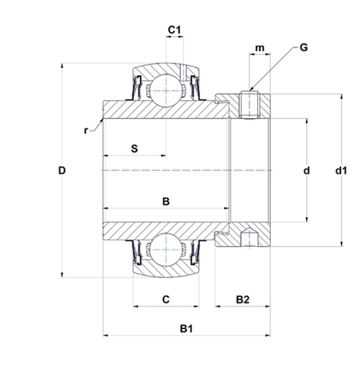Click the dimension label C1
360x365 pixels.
pyautogui.click(x=175, y=30)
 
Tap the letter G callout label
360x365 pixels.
pyautogui.click(x=304, y=48)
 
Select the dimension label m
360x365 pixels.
pyautogui.click(x=260, y=48)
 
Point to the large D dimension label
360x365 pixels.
pyautogui.click(x=62, y=170)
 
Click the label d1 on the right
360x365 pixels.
pyautogui.click(x=341, y=170)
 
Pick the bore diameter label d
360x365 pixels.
pyautogui.click(x=307, y=170)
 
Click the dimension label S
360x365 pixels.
pyautogui.click(x=134, y=149)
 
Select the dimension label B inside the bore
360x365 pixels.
pyautogui.click(x=166, y=202)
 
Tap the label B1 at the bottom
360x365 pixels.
pyautogui.click(x=186, y=328)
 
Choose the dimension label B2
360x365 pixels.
pyautogui.click(x=243, y=299)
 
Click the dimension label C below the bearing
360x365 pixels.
pyautogui.click(x=166, y=299)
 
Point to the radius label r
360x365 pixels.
pyautogui.click(x=86, y=131)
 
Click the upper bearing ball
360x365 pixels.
pyautogui.click(x=166, y=91)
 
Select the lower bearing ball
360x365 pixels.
pyautogui.click(x=166, y=249)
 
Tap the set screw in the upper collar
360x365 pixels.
pyautogui.click(x=250, y=104)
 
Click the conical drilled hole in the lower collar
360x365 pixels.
pyautogui.click(x=250, y=237)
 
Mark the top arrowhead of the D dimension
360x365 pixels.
pyautogui.click(x=62, y=65)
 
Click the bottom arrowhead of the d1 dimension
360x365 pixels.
pyautogui.click(x=341, y=244)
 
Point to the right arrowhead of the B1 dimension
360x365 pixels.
pyautogui.click(x=268, y=335)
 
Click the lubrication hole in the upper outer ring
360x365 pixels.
pyautogui.click(x=183, y=73)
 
